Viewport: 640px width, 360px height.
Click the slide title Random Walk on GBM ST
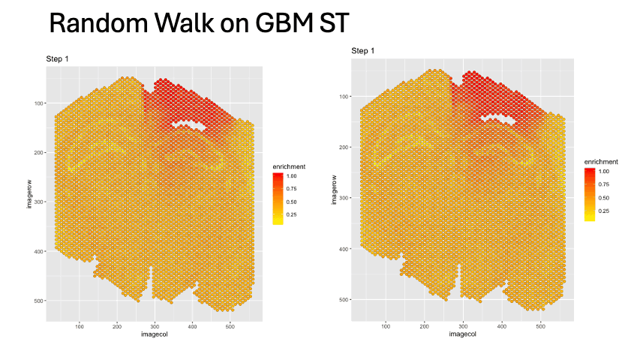point(199,24)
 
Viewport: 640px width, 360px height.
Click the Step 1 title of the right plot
point(363,50)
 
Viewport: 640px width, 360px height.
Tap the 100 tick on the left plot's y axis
point(39,103)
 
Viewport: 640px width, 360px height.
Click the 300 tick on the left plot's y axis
point(39,202)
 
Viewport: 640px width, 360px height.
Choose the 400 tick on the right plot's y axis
point(344,249)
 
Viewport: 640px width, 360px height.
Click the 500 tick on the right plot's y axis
point(344,300)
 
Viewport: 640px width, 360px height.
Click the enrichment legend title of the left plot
point(289,166)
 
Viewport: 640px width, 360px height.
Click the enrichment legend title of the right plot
point(600,162)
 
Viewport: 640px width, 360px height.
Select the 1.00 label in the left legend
point(292,176)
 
